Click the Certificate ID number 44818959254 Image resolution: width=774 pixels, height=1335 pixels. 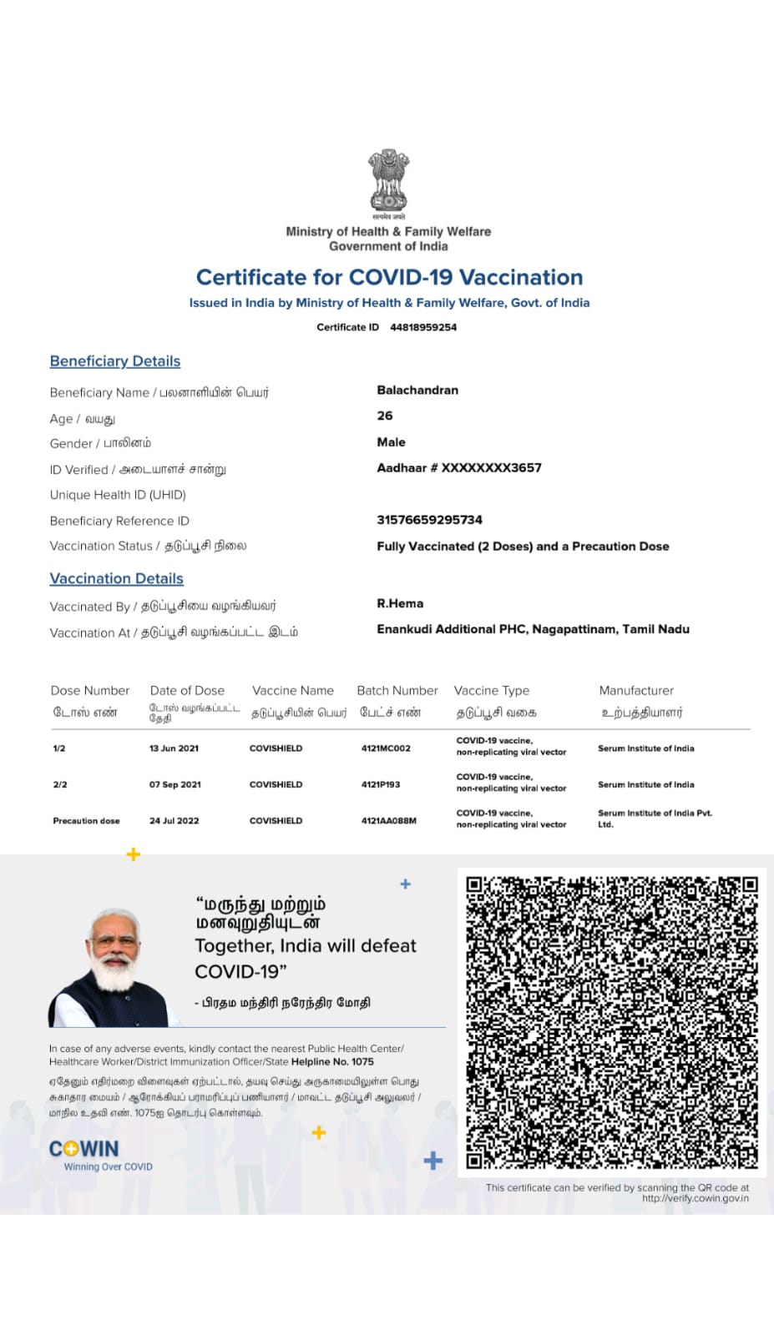[x=423, y=327]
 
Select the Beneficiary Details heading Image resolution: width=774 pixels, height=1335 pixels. [x=115, y=361]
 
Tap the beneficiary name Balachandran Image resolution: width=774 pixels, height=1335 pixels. [x=417, y=390]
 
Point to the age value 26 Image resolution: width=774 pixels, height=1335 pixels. [x=385, y=416]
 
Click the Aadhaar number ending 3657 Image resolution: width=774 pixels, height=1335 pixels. [x=459, y=468]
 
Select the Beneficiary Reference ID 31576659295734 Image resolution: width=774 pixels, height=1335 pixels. [x=429, y=520]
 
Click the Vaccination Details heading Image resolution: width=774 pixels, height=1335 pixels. [x=116, y=578]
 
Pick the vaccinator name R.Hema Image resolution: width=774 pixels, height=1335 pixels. [x=400, y=603]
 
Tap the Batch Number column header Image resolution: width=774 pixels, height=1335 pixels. [x=397, y=691]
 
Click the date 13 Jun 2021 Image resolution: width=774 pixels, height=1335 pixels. [x=175, y=748]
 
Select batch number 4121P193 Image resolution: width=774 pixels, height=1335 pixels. [x=381, y=784]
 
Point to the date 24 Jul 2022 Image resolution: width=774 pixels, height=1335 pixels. [x=175, y=821]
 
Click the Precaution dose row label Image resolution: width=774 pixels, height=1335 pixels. [x=86, y=821]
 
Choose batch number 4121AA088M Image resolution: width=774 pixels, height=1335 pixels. [x=389, y=821]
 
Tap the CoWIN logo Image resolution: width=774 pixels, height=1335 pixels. [x=84, y=1149]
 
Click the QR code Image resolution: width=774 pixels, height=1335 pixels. [x=611, y=1021]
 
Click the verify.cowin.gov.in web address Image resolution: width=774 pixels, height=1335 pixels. [x=695, y=1198]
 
